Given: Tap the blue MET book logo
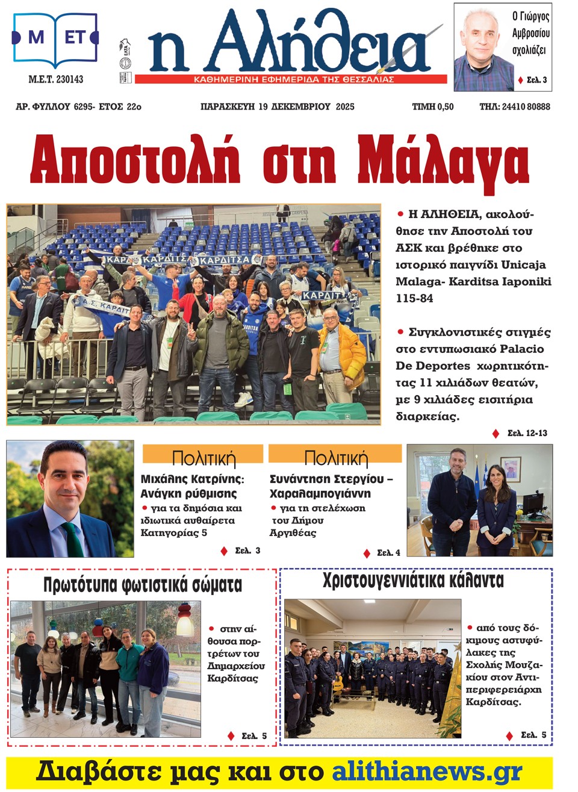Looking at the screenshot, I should tap(55, 39).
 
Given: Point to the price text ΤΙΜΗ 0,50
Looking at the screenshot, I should tap(432, 107).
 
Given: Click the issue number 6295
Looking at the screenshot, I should tap(83, 107).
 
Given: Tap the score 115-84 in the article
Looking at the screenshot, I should tap(414, 298).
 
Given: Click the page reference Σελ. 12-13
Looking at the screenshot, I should tap(527, 433).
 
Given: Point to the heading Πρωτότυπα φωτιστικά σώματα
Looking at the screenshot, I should tap(143, 585).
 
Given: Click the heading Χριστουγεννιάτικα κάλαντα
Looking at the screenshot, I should tap(413, 581).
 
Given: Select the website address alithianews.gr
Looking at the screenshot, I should tap(427, 772).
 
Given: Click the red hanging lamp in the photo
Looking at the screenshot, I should tap(185, 619).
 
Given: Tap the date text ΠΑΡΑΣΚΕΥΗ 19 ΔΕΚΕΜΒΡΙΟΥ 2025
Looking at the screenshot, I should tap(277, 107).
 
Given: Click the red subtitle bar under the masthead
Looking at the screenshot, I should tap(291, 80).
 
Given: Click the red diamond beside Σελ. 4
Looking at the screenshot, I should tap(367, 553).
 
